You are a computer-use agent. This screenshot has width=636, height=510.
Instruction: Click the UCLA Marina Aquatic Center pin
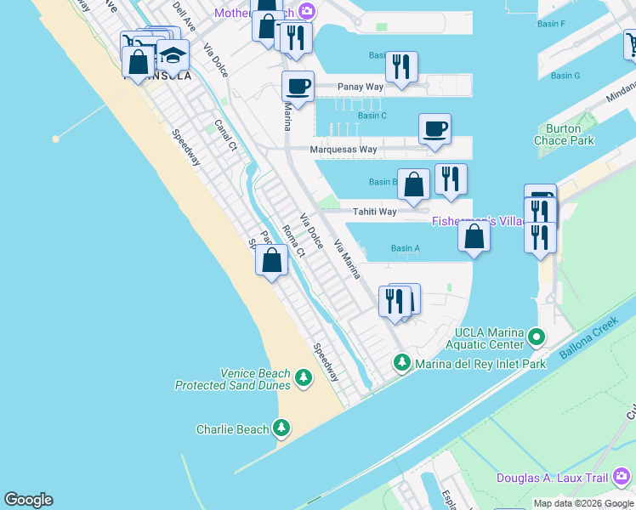536,337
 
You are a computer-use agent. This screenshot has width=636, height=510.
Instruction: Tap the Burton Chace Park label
564,135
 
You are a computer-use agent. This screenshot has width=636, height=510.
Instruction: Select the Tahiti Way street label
374,212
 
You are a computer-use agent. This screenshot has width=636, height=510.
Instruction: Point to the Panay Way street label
361,87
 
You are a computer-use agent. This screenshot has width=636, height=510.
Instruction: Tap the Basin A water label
406,248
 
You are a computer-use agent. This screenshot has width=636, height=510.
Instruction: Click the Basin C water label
372,116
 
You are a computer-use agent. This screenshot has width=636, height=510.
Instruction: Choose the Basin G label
565,76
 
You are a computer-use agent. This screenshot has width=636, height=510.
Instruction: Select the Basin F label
551,24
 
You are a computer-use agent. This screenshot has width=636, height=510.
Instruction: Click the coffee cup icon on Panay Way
298,87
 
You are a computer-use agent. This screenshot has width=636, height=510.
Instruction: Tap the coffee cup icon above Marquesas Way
434,129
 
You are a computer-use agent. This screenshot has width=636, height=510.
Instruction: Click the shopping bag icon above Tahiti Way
413,184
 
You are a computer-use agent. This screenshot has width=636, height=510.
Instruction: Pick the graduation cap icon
173,56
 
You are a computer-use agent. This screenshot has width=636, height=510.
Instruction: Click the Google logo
28,500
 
